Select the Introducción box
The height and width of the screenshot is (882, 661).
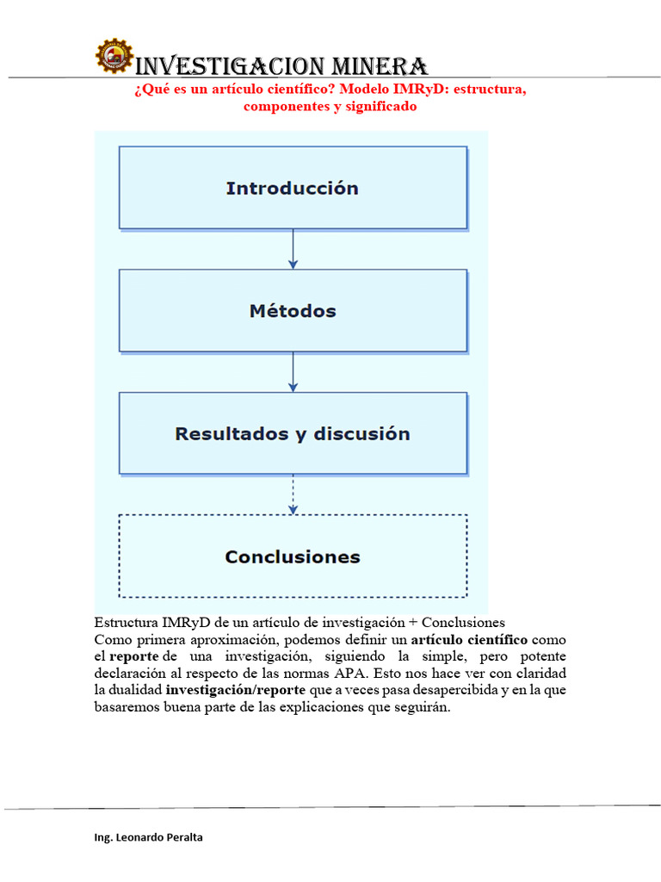(x=293, y=188)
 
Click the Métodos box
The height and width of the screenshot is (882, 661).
(x=293, y=311)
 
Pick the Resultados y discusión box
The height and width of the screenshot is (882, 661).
(x=293, y=433)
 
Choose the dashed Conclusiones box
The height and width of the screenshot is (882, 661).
(x=293, y=556)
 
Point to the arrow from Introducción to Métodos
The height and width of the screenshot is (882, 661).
(x=293, y=249)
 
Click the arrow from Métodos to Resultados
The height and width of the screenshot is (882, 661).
(x=293, y=372)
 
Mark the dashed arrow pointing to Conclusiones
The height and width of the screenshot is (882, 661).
(x=293, y=494)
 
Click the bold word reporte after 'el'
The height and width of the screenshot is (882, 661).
(x=134, y=655)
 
